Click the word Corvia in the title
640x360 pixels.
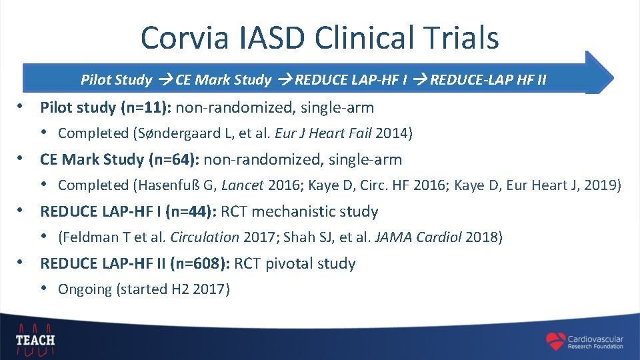(x=176, y=38)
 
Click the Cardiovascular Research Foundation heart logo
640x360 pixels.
(x=555, y=341)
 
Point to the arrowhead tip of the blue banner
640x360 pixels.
(x=611, y=73)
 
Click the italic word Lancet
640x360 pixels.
(x=243, y=185)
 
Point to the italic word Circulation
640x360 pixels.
(x=205, y=237)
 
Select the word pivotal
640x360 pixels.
(x=289, y=264)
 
